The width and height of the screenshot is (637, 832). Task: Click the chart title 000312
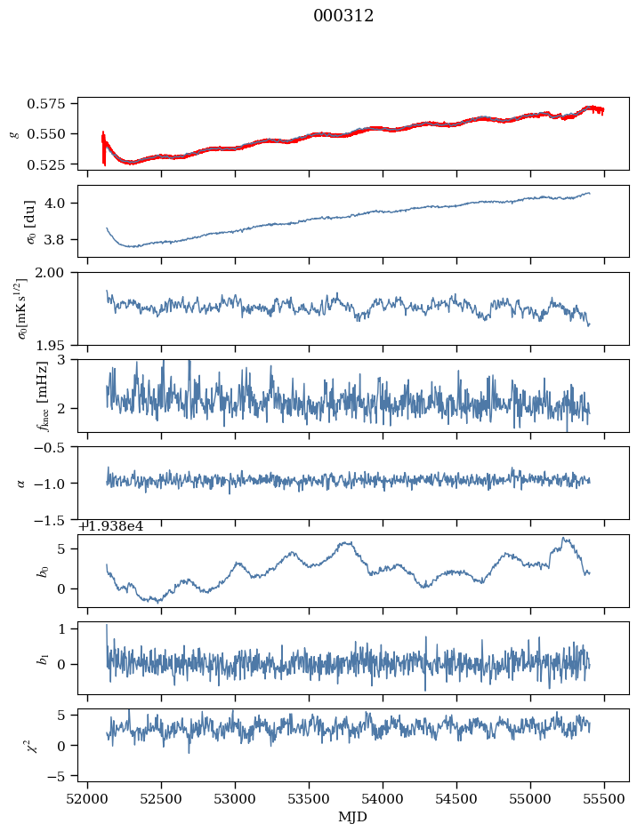[x=343, y=16]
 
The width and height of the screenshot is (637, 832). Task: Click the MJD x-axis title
[x=353, y=815]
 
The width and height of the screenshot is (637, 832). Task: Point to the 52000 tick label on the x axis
[x=87, y=799]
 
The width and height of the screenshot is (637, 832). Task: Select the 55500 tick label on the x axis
[x=605, y=799]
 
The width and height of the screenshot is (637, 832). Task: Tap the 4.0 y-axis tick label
[x=62, y=203]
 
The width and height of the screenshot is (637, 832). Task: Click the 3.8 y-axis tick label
[x=62, y=239]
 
